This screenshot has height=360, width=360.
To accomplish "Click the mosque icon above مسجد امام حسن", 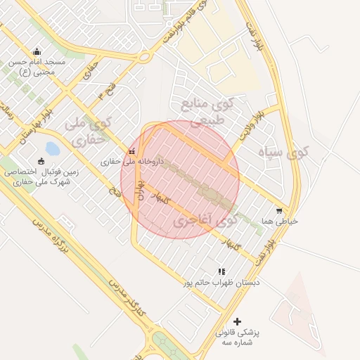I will click(37, 51).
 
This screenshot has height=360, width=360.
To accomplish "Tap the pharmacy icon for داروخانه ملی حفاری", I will click(132, 151).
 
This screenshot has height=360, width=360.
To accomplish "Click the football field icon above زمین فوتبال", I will click(41, 161).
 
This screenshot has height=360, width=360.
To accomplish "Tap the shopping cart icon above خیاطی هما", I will click(279, 210).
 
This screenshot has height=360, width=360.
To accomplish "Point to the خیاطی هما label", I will click(280, 221).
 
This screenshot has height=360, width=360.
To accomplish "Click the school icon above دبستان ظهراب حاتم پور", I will click(221, 271).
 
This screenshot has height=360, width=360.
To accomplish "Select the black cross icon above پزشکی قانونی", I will click(237, 321).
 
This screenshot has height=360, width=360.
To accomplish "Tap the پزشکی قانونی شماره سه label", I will click(237, 336).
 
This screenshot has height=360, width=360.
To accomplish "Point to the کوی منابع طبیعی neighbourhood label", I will click(206, 112).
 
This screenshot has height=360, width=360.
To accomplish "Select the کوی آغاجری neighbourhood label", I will click(204, 221).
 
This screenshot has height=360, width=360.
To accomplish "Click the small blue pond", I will click(53, 148).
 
